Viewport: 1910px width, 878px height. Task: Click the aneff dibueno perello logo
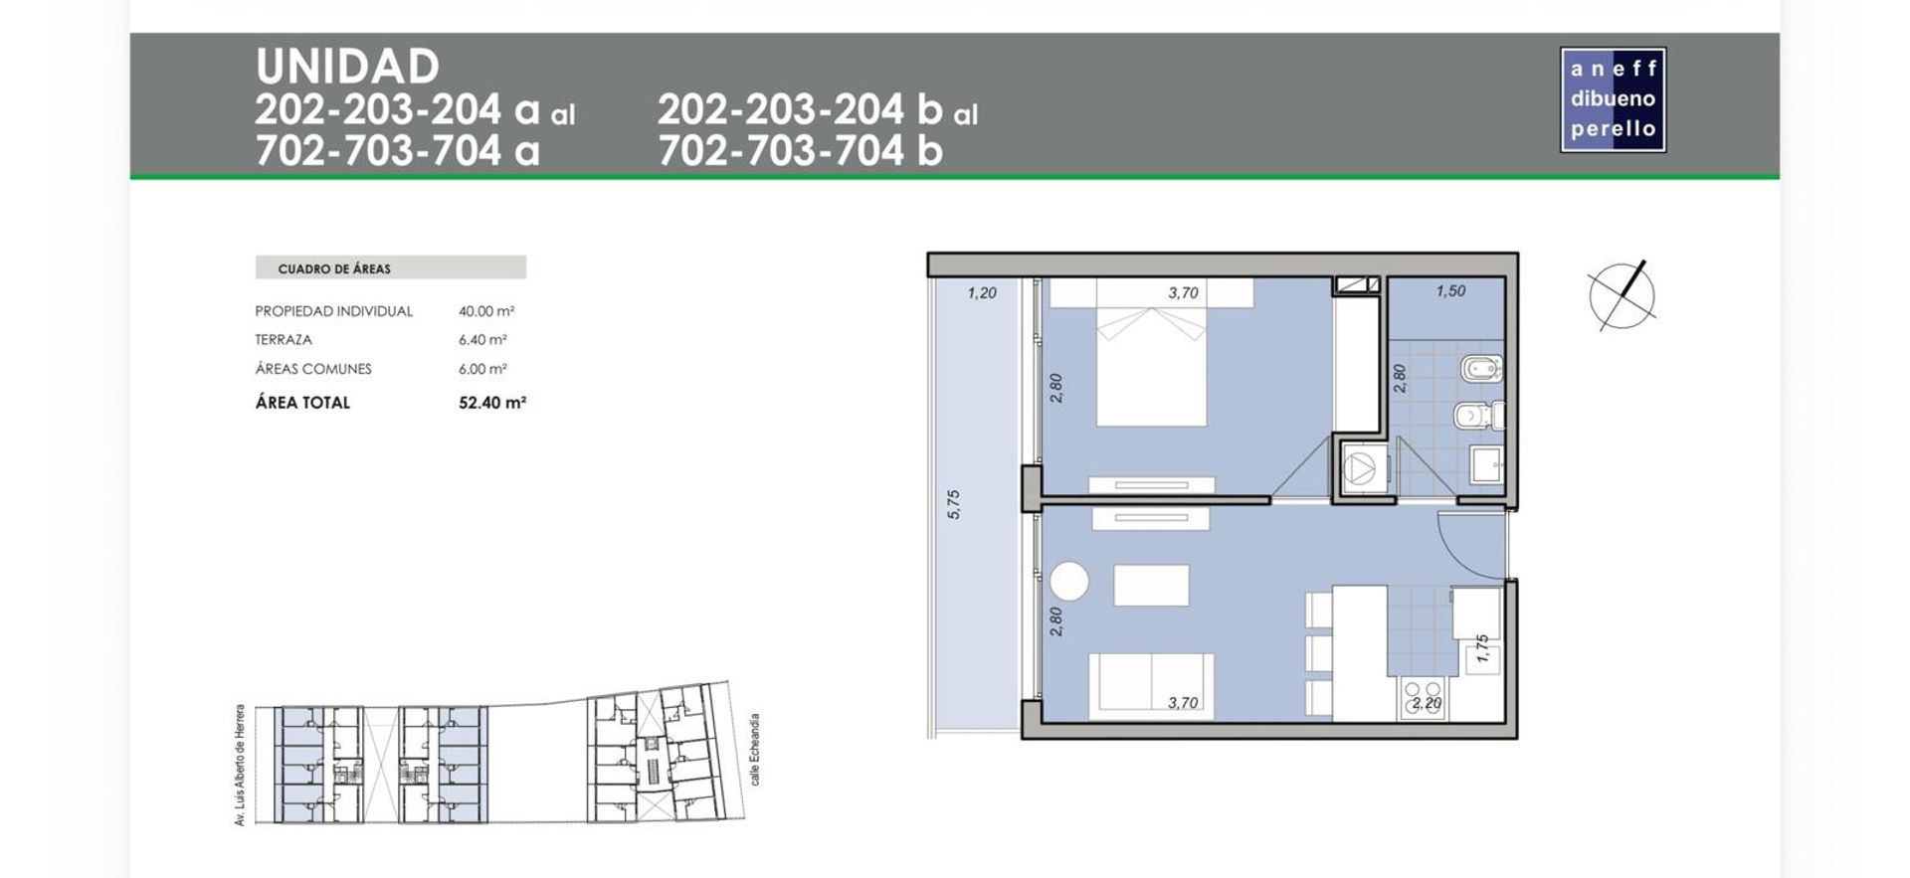pyautogui.click(x=1613, y=99)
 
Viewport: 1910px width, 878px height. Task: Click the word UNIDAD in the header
pyautogui.click(x=347, y=67)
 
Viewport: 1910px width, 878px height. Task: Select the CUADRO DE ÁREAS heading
pyautogui.click(x=334, y=268)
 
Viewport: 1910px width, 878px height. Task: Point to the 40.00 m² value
pyautogui.click(x=486, y=311)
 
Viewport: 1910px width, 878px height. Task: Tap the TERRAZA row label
pyautogui.click(x=284, y=339)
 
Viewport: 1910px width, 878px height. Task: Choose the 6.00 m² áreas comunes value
pyautogui.click(x=482, y=369)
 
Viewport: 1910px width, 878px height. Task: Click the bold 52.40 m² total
pyautogui.click(x=492, y=403)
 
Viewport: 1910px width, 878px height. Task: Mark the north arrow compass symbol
pyautogui.click(x=1622, y=295)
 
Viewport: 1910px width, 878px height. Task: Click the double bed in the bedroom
pyautogui.click(x=1151, y=353)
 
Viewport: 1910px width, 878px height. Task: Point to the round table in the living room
pyautogui.click(x=1068, y=582)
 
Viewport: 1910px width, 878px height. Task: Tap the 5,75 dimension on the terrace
pyautogui.click(x=954, y=504)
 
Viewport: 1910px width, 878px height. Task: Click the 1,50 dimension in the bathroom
pyautogui.click(x=1450, y=291)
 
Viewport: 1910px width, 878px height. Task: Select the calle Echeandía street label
pyautogui.click(x=755, y=749)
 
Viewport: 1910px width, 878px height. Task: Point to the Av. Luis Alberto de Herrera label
pyautogui.click(x=240, y=766)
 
